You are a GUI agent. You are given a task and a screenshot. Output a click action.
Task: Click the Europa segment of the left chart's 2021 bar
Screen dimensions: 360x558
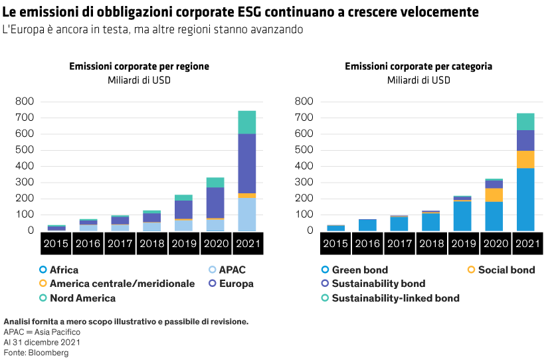tap(247, 163)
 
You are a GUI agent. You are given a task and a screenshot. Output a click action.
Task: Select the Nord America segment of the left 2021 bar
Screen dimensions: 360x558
tap(247, 122)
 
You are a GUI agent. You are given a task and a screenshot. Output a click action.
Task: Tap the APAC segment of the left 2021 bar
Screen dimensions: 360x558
tap(247, 214)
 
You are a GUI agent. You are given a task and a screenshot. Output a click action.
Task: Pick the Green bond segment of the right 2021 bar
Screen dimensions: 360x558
tap(525, 199)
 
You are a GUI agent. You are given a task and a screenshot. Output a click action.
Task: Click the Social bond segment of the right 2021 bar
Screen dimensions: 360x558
tap(525, 159)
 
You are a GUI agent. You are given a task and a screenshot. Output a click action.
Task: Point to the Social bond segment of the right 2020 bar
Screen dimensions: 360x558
tap(494, 195)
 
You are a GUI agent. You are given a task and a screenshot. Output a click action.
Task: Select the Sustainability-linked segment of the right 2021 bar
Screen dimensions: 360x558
tap(525, 122)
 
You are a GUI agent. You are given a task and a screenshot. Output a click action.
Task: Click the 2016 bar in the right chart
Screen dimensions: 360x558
tap(367, 225)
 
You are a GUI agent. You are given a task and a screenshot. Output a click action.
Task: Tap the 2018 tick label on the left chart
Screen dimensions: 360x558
tap(151, 244)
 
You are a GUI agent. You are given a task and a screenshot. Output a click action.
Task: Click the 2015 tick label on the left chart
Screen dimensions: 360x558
tap(56, 244)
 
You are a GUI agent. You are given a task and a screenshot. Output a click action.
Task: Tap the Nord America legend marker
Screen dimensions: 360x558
tap(43, 298)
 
